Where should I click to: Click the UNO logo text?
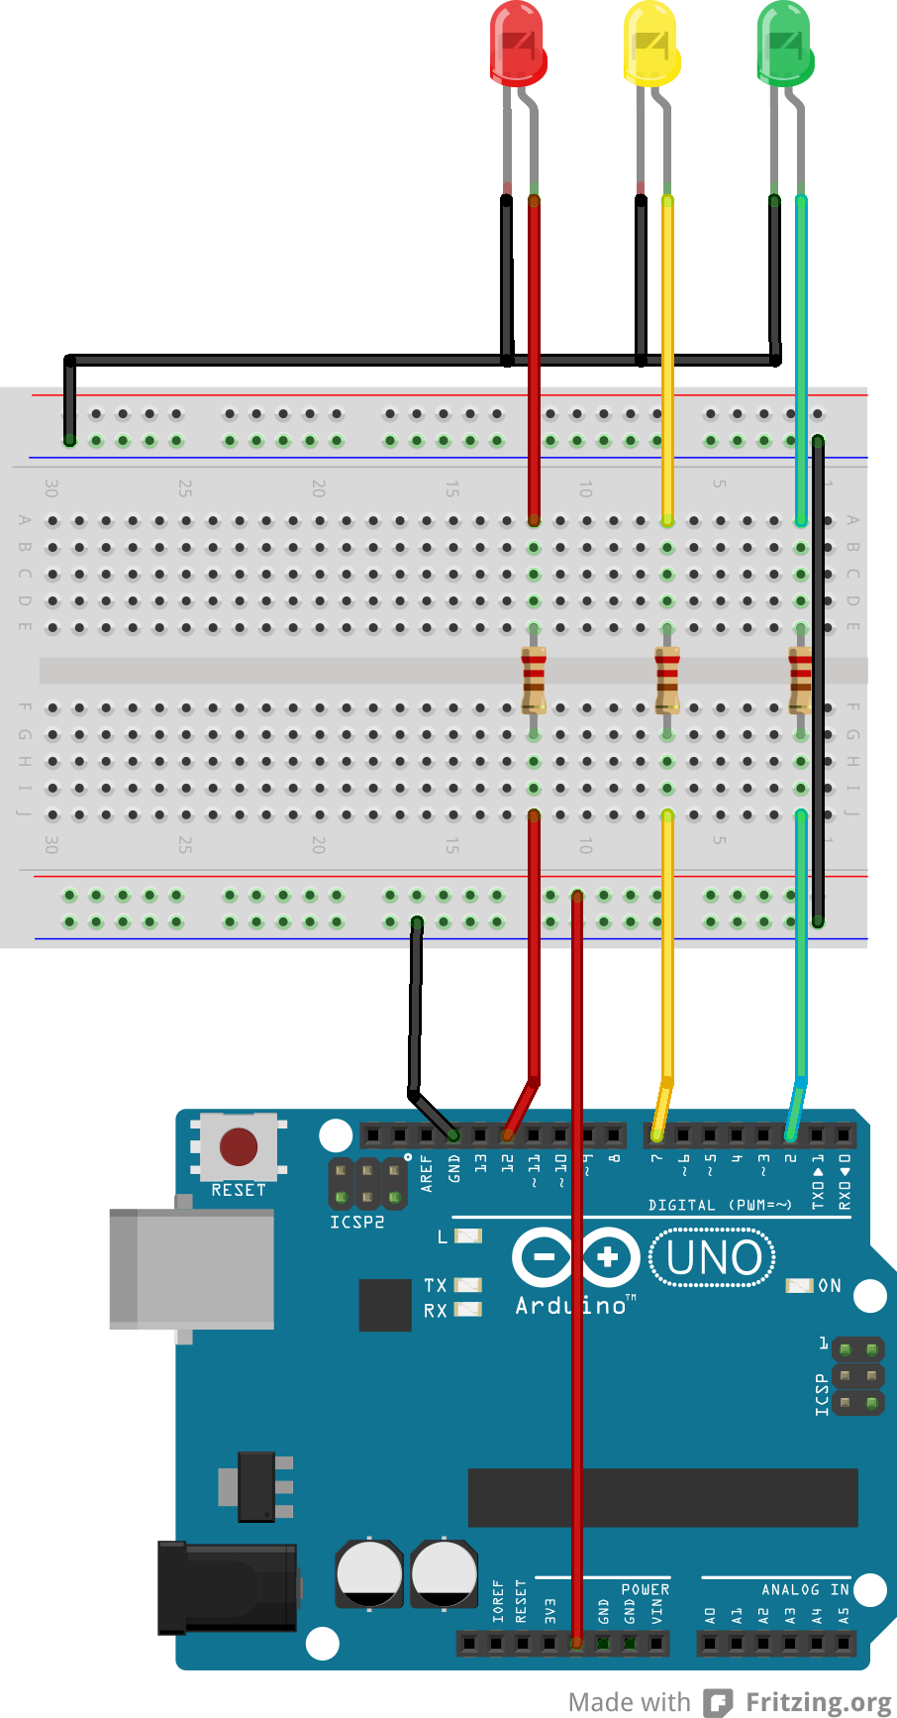click(x=713, y=1258)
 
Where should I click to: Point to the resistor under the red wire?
click(x=534, y=680)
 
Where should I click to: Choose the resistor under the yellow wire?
click(x=667, y=680)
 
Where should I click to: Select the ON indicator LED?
click(x=799, y=1285)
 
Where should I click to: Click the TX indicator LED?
click(x=467, y=1285)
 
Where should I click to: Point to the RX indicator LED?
click(x=467, y=1310)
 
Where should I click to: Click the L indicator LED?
click(x=467, y=1235)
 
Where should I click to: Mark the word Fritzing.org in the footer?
click(x=818, y=1702)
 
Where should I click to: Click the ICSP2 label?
click(x=356, y=1223)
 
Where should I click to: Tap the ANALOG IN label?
click(x=804, y=1589)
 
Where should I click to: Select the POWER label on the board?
click(x=645, y=1589)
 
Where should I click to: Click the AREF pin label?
click(x=427, y=1172)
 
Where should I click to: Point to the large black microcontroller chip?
click(x=662, y=1497)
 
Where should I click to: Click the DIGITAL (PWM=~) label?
click(x=720, y=1205)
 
